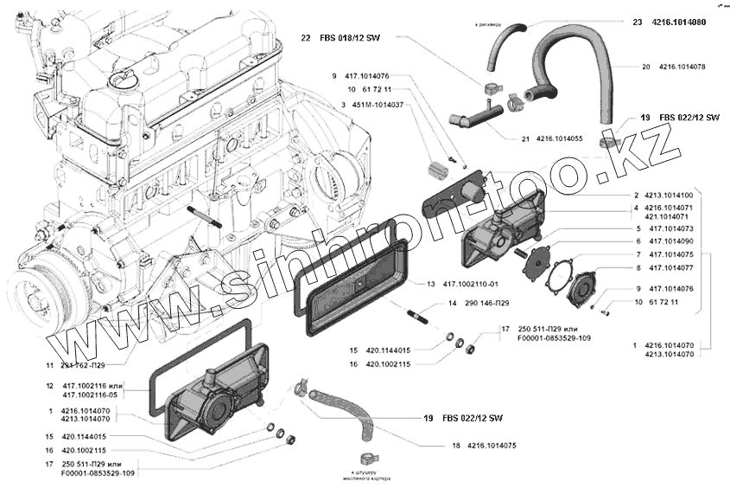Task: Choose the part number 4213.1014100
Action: click(x=668, y=196)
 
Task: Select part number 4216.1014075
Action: click(x=491, y=446)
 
